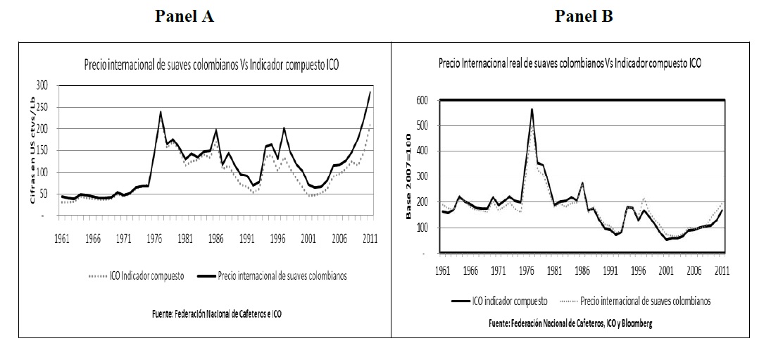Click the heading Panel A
pyautogui.click(x=185, y=17)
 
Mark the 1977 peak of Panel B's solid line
pyautogui.click(x=532, y=109)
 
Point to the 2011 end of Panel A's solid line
pyautogui.click(x=370, y=92)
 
